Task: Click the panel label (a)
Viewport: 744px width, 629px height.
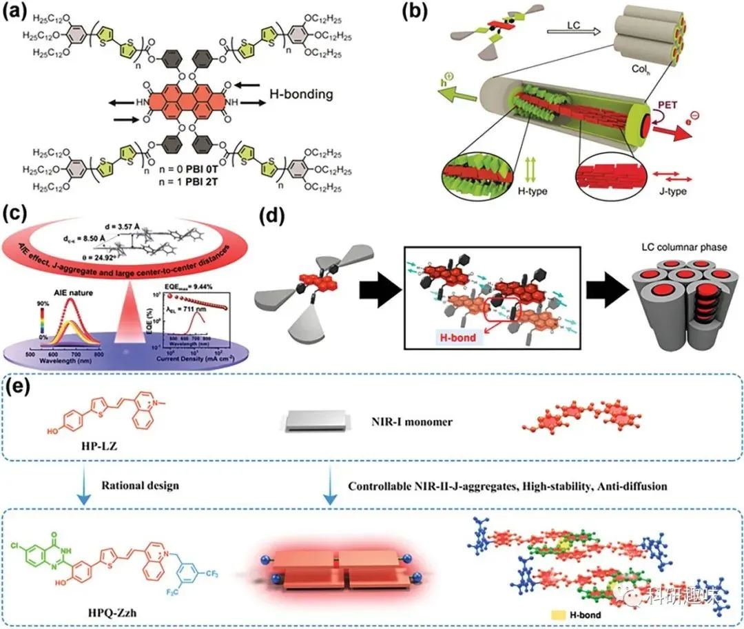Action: point(17,13)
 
